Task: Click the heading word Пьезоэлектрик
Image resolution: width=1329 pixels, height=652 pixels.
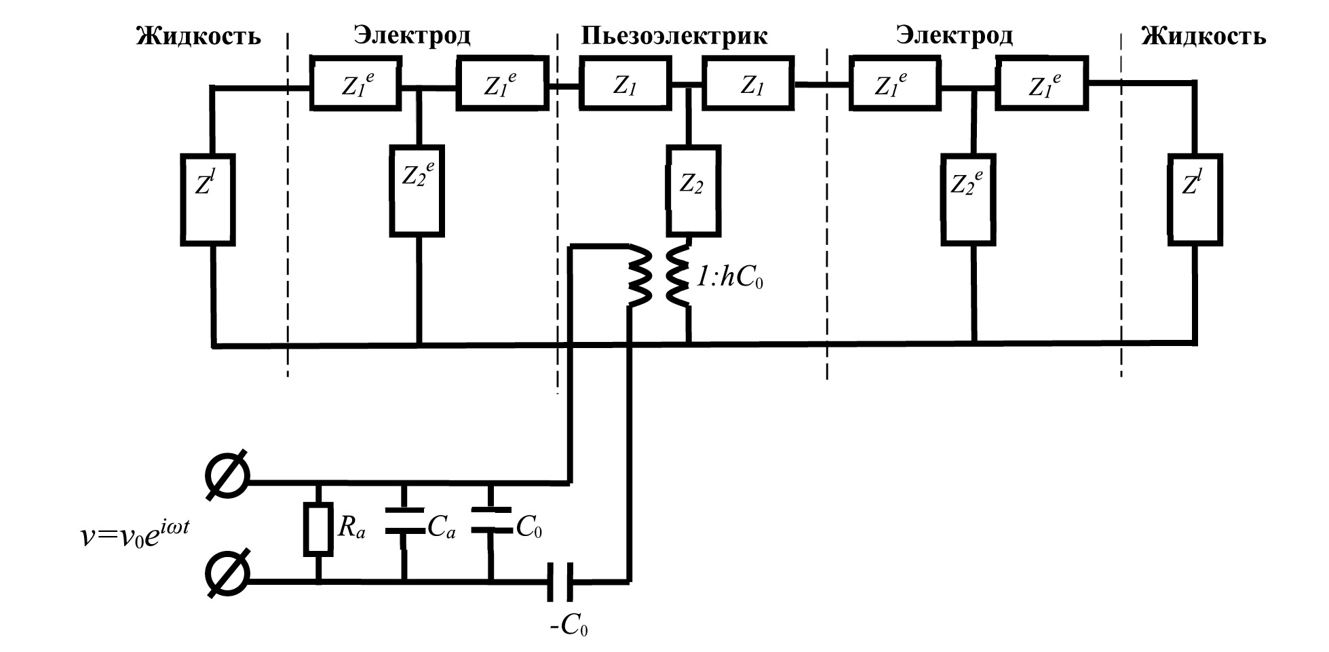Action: [x=674, y=35]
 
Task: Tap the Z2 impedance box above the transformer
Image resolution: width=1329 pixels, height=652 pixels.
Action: [x=694, y=191]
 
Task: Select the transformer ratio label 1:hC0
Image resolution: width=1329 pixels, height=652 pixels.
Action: [x=730, y=279]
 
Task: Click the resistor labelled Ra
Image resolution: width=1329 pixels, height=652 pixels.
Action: [x=318, y=529]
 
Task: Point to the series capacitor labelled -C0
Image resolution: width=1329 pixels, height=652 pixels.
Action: [x=561, y=581]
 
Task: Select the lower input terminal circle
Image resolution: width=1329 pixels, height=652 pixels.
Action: [x=227, y=581]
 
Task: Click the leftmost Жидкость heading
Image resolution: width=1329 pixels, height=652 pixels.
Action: [x=198, y=35]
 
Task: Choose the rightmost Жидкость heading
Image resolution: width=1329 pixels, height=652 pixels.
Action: [x=1203, y=35]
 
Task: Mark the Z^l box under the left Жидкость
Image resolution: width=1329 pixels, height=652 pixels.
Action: [x=208, y=199]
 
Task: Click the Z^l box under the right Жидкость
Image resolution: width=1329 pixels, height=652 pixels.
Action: [x=1195, y=199]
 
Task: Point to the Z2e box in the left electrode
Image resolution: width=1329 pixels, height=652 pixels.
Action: [x=417, y=191]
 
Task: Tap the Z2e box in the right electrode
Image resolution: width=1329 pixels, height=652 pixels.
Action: [x=968, y=199]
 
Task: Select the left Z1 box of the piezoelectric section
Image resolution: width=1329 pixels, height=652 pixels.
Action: [x=624, y=85]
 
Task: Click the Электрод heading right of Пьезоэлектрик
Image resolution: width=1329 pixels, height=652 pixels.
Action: [x=954, y=35]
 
